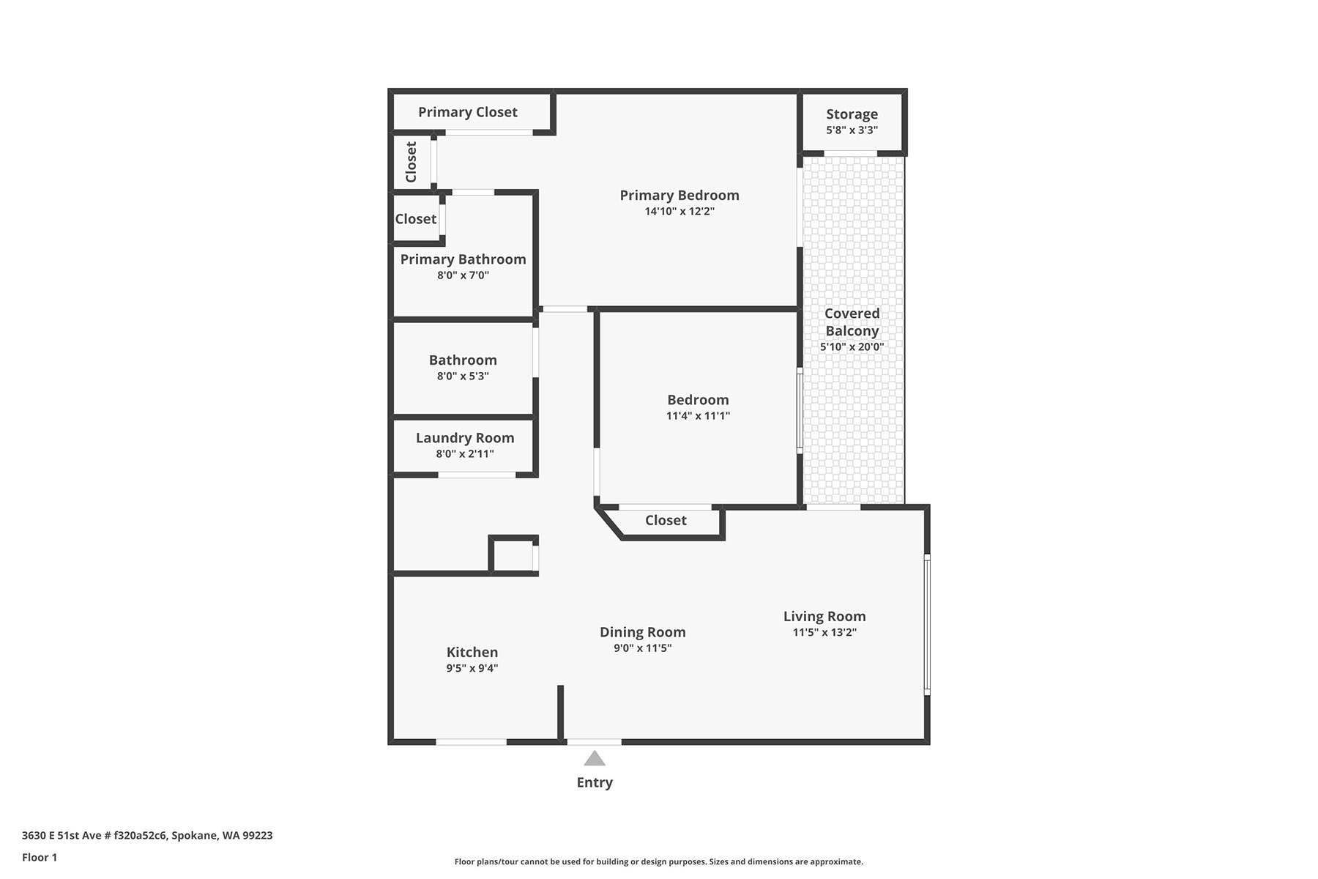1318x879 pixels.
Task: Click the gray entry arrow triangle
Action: (595, 759)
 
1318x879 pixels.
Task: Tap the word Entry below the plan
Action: (595, 782)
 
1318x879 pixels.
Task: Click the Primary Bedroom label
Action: (680, 195)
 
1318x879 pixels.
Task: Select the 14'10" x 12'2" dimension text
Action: (680, 212)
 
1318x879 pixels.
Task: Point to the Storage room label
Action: (852, 114)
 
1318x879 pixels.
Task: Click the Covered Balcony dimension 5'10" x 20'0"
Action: (852, 347)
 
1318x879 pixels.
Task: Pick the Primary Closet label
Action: (468, 112)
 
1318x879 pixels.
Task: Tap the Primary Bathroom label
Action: (463, 259)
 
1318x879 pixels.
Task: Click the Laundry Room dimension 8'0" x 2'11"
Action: (465, 454)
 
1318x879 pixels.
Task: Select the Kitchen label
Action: (472, 652)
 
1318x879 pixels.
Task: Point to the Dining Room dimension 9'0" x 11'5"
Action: (643, 648)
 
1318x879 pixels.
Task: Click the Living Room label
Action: (824, 617)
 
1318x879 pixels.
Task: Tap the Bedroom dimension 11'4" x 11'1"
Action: (698, 416)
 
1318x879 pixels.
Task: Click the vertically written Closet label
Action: (411, 162)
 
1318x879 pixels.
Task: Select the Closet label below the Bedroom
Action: (666, 520)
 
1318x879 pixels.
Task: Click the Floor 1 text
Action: (40, 858)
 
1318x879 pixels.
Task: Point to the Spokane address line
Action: (147, 836)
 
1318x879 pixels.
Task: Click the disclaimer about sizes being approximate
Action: (659, 862)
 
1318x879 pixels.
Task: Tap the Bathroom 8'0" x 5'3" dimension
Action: (463, 377)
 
